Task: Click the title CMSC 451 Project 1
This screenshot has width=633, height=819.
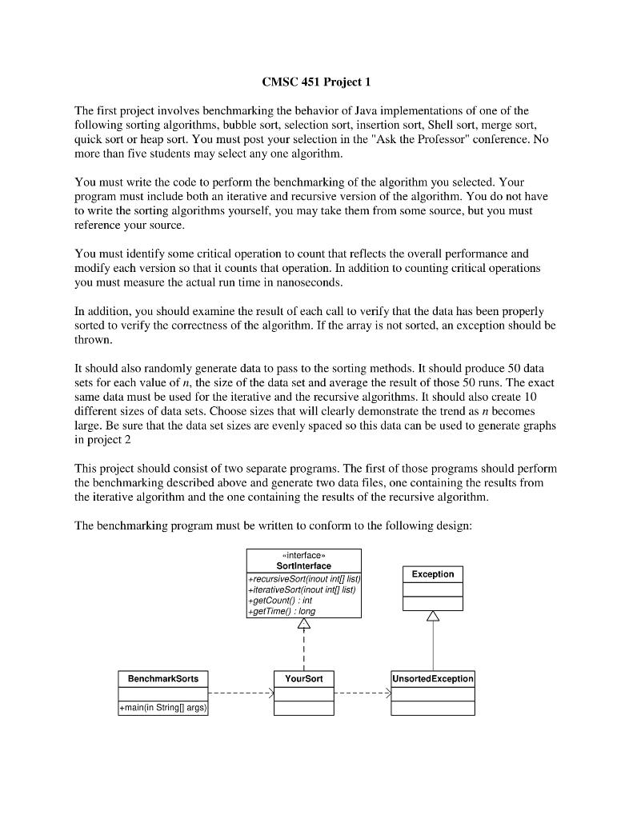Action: pos(316,82)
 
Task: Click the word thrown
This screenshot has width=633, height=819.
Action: pos(92,339)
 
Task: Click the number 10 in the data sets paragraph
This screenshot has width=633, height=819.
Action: pos(539,397)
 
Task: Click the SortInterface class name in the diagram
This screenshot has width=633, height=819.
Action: pos(303,565)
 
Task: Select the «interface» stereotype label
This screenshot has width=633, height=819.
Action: pos(303,554)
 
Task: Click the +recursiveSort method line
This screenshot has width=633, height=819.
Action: pos(303,577)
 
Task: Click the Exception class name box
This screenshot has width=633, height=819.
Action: pos(432,574)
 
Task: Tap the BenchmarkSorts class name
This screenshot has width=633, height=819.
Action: pos(163,678)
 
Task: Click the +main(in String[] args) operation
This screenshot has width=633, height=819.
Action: pos(163,709)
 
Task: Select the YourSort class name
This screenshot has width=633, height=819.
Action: pos(303,678)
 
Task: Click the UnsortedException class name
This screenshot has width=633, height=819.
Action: pos(432,678)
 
